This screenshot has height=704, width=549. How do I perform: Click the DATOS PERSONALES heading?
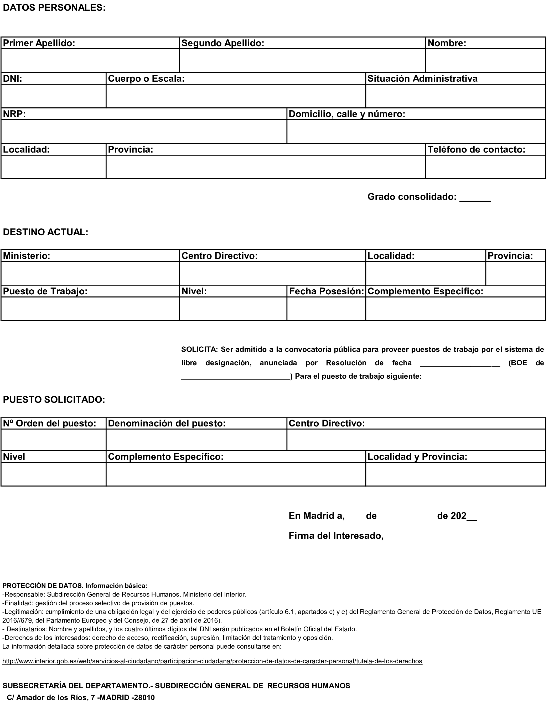click(x=54, y=8)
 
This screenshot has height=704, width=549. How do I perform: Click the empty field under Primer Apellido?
click(x=90, y=61)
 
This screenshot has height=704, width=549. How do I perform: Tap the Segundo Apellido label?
click(x=223, y=43)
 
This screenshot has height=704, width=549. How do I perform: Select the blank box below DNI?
click(x=54, y=96)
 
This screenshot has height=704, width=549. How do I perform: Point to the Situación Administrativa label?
click(x=422, y=79)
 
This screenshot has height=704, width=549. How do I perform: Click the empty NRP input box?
click(x=144, y=132)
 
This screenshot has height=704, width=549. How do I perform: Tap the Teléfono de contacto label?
click(x=476, y=150)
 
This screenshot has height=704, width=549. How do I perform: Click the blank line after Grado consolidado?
click(x=475, y=197)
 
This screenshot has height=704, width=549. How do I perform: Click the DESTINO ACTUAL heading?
click(x=45, y=232)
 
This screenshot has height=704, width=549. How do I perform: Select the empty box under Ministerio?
click(x=90, y=273)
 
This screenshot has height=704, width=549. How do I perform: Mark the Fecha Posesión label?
click(x=326, y=291)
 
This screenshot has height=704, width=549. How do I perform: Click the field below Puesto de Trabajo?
click(x=90, y=309)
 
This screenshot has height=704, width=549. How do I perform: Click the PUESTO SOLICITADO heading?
click(x=54, y=400)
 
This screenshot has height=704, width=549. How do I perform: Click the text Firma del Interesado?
click(x=336, y=536)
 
